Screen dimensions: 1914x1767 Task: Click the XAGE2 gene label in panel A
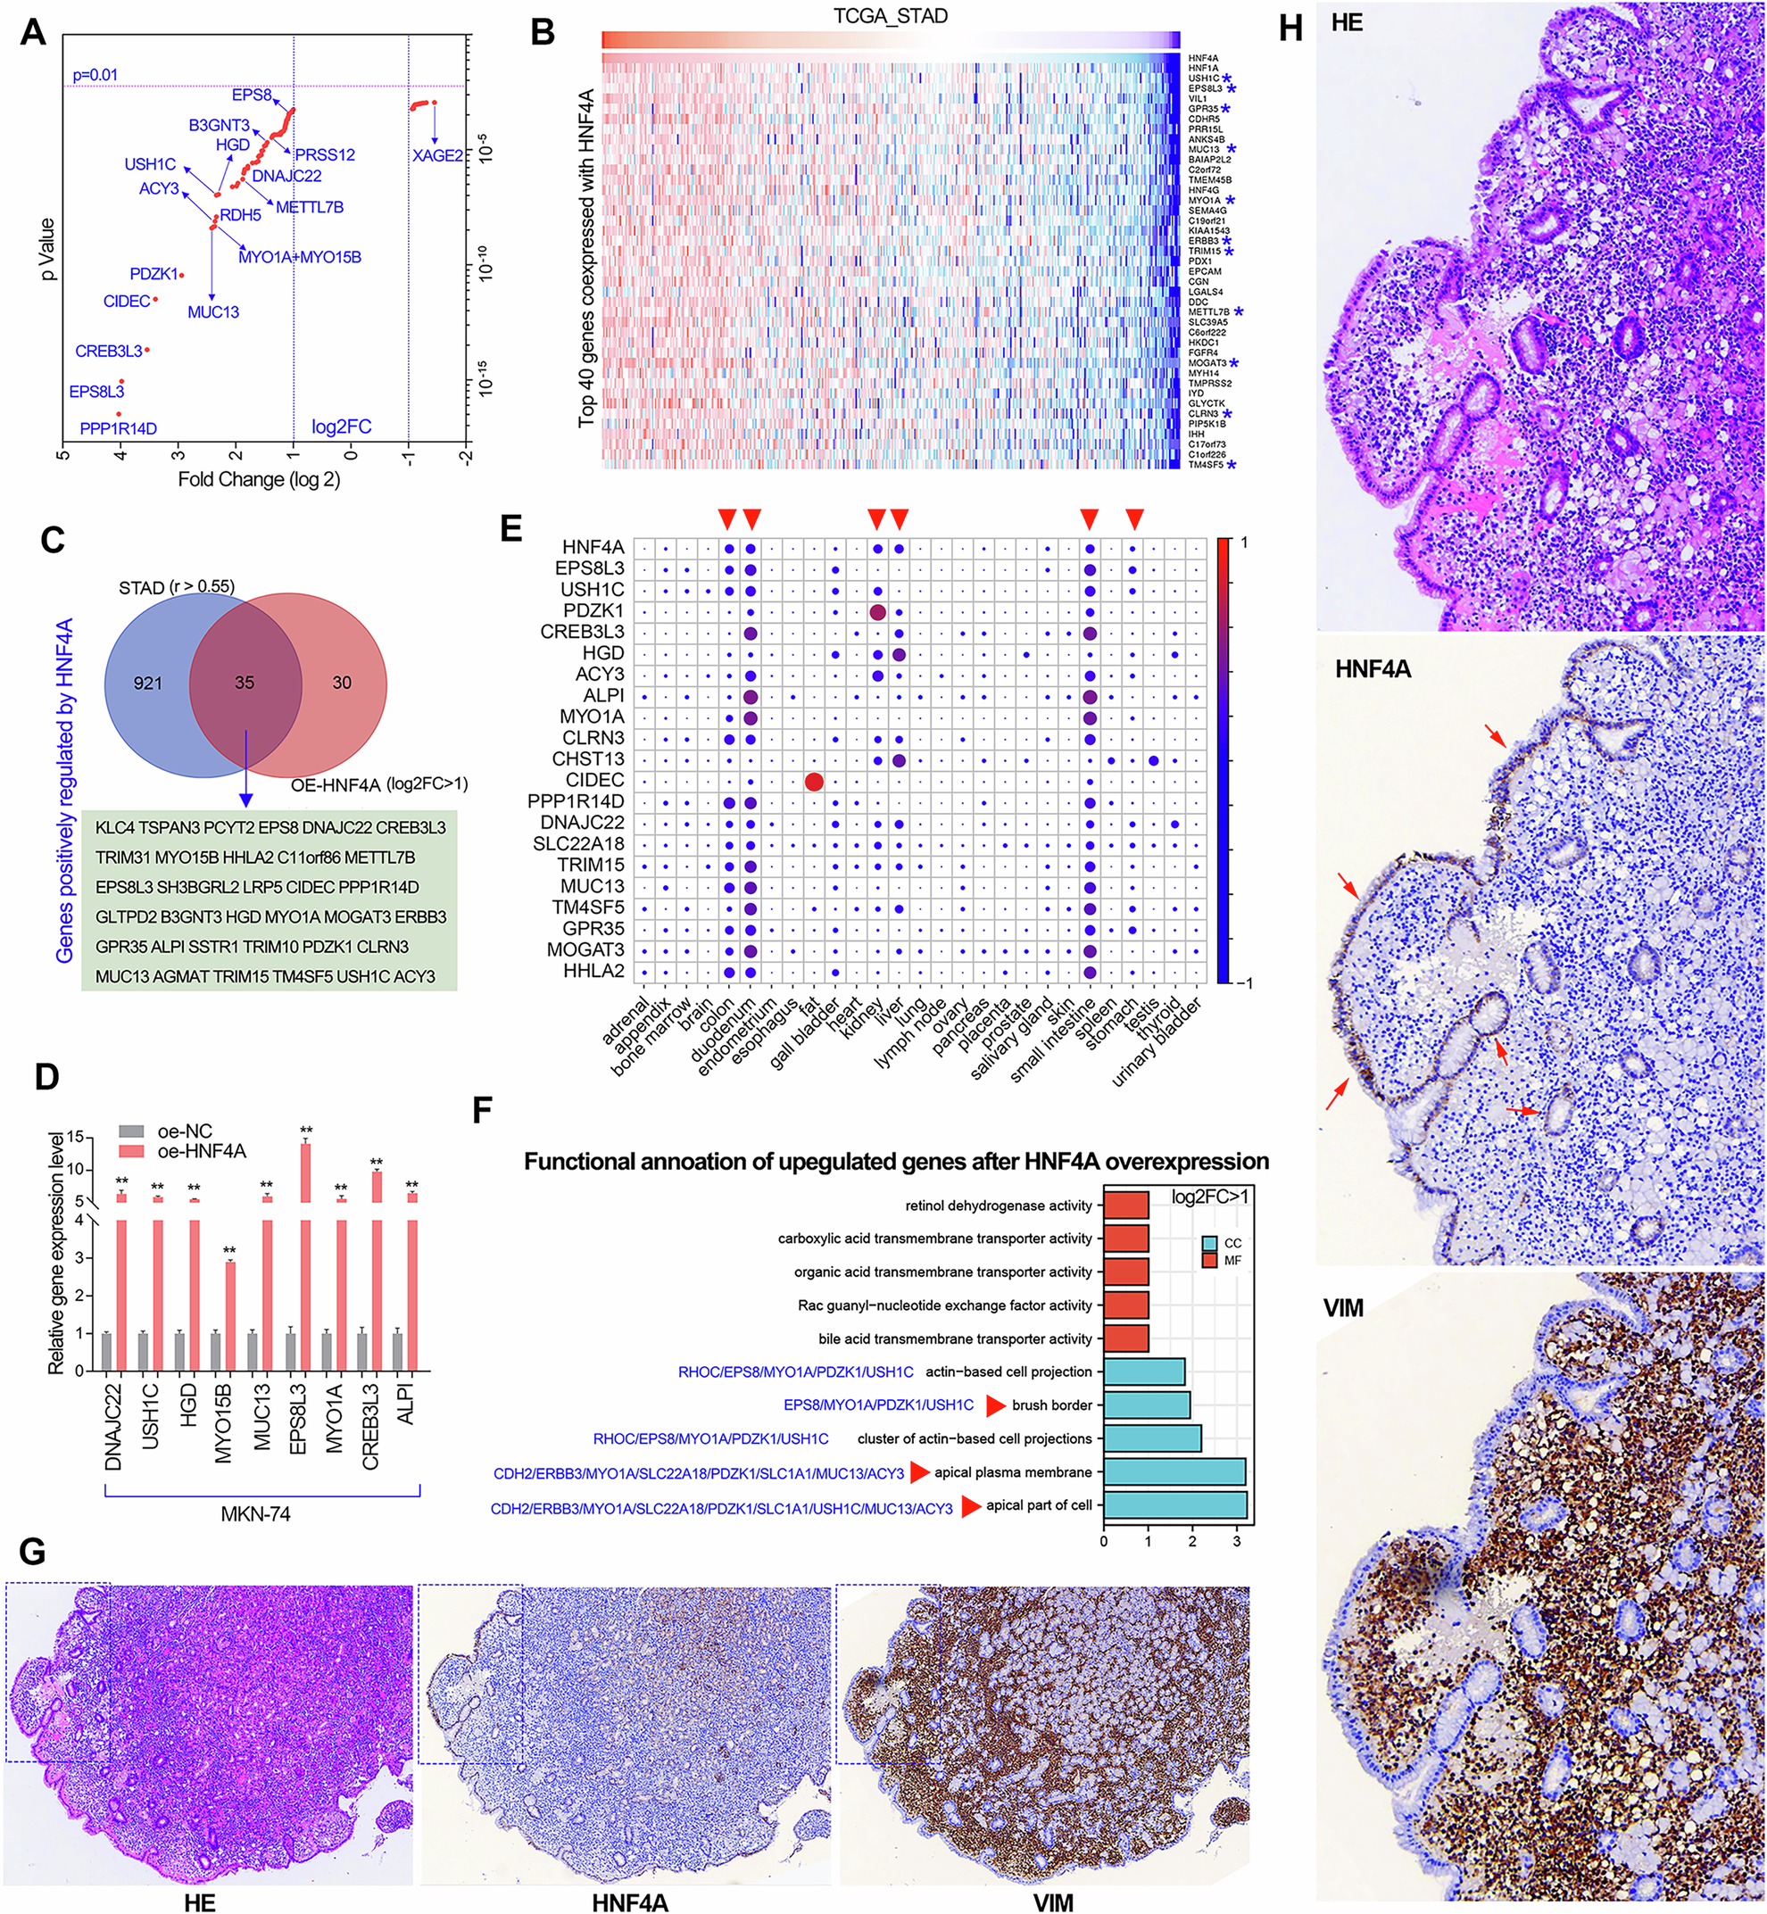pyautogui.click(x=438, y=156)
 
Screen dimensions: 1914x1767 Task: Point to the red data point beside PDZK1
pyautogui.click(x=182, y=276)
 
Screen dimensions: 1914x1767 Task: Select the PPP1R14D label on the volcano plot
pyautogui.click(x=118, y=428)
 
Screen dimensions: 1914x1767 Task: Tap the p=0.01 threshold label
pyautogui.click(x=95, y=75)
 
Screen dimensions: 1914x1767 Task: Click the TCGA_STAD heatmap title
pyautogui.click(x=891, y=17)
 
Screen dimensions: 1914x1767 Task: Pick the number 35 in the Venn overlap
pyautogui.click(x=245, y=683)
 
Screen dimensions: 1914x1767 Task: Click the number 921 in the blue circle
pyautogui.click(x=148, y=683)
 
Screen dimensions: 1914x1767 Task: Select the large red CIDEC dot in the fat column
pyautogui.click(x=814, y=782)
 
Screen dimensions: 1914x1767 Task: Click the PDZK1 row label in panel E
pyautogui.click(x=593, y=611)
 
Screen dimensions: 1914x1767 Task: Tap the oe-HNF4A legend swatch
pyautogui.click(x=132, y=1151)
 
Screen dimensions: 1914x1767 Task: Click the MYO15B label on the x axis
pyautogui.click(x=222, y=1419)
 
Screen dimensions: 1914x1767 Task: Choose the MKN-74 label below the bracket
pyautogui.click(x=255, y=1513)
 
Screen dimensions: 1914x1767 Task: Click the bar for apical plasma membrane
pyautogui.click(x=1174, y=1472)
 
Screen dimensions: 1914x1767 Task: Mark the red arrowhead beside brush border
pyautogui.click(x=996, y=1405)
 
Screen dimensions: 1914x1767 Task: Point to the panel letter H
pyautogui.click(x=1290, y=29)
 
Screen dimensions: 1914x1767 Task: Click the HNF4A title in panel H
pyautogui.click(x=1373, y=669)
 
